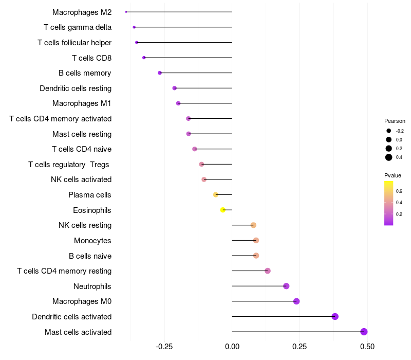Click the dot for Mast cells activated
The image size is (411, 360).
[x=364, y=332]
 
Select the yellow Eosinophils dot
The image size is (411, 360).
[x=223, y=210]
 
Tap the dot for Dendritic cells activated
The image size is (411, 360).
[x=335, y=316]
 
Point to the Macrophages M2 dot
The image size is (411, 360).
[x=126, y=12]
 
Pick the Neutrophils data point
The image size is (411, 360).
[x=286, y=286]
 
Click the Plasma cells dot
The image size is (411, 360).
[x=216, y=194]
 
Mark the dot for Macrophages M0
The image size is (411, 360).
[x=296, y=301]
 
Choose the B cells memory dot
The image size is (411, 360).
[x=160, y=73]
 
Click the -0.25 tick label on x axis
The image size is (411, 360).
[x=164, y=347]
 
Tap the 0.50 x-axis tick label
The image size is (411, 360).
[x=367, y=347]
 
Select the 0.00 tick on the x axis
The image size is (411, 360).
[x=232, y=347]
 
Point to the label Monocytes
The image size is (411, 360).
[x=92, y=240]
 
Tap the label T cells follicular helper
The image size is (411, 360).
[x=74, y=42]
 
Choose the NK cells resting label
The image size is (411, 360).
[x=85, y=225]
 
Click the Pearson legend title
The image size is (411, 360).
[x=395, y=121]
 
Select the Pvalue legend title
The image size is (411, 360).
[x=393, y=175]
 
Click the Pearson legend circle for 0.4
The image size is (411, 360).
[x=389, y=157]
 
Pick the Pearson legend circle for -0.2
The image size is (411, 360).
[x=389, y=131]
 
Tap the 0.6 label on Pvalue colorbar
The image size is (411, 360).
[x=399, y=191]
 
